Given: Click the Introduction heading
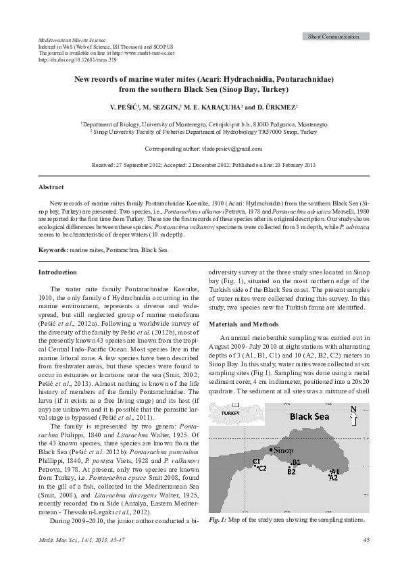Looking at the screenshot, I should click(x=57, y=272).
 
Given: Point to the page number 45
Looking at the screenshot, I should click(x=366, y=539).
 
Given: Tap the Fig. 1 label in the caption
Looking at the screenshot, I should click(x=218, y=520).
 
